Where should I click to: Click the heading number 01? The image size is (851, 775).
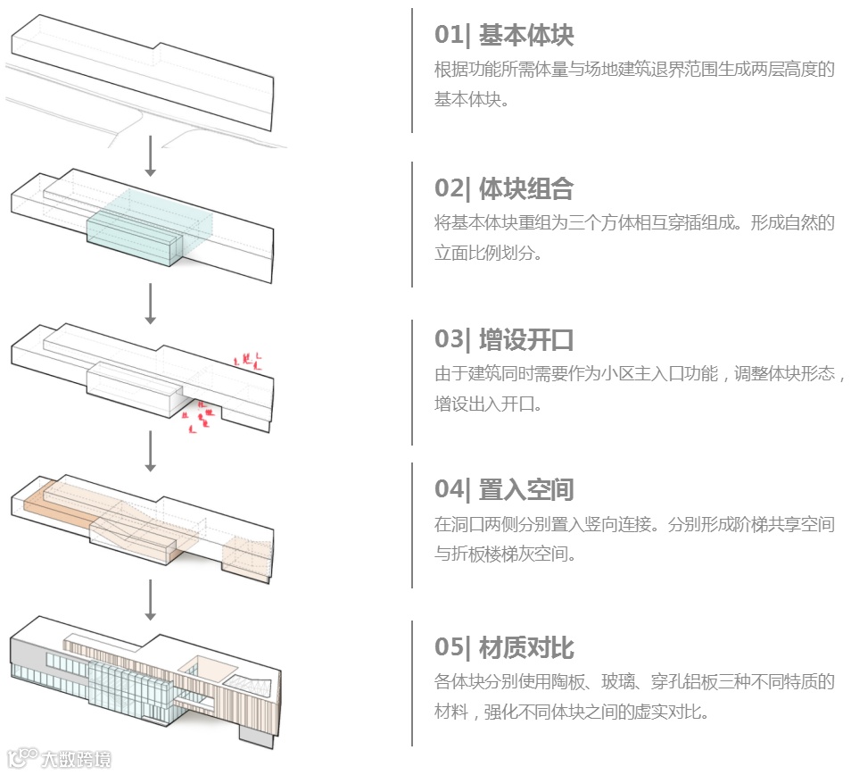(x=449, y=36)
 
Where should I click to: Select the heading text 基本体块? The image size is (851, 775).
(x=525, y=36)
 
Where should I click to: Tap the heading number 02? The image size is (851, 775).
(x=449, y=188)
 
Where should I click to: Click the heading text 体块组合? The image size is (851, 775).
(x=525, y=188)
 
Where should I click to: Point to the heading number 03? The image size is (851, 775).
(x=449, y=340)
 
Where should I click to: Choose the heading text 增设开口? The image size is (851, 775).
(x=525, y=340)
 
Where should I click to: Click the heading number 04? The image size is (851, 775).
(x=449, y=490)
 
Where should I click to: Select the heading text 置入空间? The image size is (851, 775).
(x=525, y=490)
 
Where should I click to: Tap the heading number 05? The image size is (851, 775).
(x=449, y=648)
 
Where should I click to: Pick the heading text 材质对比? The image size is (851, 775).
(x=525, y=648)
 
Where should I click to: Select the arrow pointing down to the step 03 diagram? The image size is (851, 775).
(x=151, y=304)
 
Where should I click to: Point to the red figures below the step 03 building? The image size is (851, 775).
(x=202, y=416)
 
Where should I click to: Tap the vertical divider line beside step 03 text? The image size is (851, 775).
(x=412, y=382)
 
